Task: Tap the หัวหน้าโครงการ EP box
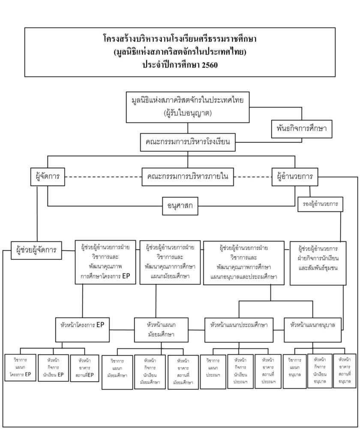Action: [x=82, y=325]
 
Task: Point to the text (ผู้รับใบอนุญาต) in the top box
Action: [x=188, y=114]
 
